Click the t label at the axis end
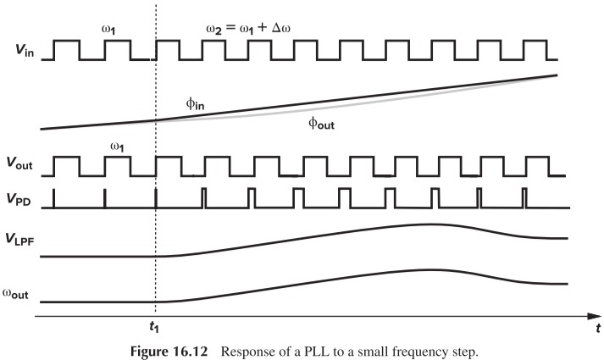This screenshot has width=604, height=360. [x=597, y=327]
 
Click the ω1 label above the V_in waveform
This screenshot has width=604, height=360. [x=110, y=30]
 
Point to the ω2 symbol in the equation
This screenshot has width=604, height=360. [x=215, y=30]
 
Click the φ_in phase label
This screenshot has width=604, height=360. [x=196, y=103]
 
